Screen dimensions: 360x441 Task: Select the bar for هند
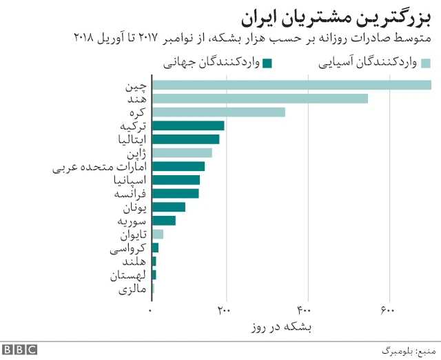pyautogui.click(x=260, y=99)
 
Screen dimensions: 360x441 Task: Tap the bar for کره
pyautogui.click(x=218, y=112)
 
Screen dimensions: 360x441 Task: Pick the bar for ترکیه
pyautogui.click(x=188, y=126)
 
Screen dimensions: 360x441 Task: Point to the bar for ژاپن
pyautogui.click(x=182, y=152)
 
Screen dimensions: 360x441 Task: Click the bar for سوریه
pyautogui.click(x=163, y=221)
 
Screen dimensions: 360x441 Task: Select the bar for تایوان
pyautogui.click(x=157, y=234)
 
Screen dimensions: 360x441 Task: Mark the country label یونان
pyautogui.click(x=134, y=207)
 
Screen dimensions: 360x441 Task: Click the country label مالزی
pyautogui.click(x=133, y=290)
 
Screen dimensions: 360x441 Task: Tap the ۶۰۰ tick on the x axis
pyautogui.click(x=388, y=310)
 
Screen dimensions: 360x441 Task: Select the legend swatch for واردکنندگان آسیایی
pyautogui.click(x=426, y=63)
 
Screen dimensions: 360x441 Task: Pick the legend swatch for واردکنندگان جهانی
pyautogui.click(x=269, y=63)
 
